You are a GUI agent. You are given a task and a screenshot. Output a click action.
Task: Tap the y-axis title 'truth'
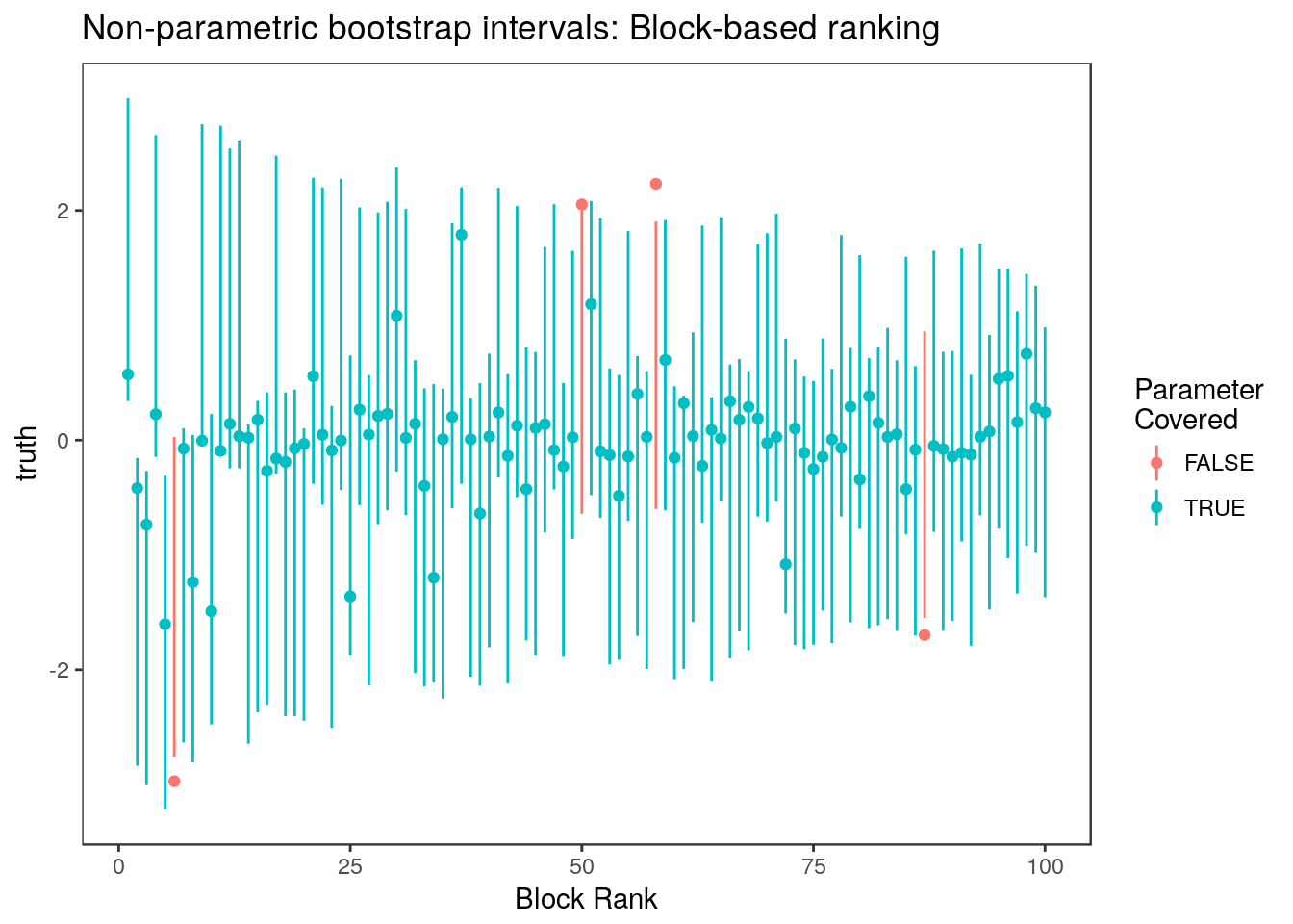click(x=28, y=453)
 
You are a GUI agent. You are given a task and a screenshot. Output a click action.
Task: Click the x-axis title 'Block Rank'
click(x=586, y=899)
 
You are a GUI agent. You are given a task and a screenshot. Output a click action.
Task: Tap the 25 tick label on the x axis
click(x=350, y=867)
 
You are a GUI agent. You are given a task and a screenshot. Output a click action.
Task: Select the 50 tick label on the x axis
click(x=582, y=867)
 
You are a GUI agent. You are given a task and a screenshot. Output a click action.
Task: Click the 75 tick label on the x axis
click(x=813, y=867)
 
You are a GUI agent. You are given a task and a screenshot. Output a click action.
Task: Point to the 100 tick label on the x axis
click(x=1045, y=867)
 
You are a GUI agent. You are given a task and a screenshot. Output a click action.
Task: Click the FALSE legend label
click(x=1219, y=464)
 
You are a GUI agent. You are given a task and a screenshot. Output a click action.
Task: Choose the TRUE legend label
click(x=1214, y=508)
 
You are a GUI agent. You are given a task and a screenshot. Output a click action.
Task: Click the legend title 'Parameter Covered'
click(x=1198, y=404)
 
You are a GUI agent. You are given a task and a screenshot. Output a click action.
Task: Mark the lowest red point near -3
click(x=174, y=781)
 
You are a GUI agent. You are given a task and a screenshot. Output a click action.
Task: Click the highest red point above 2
click(x=656, y=184)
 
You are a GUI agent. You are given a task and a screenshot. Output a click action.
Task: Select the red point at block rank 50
click(x=582, y=204)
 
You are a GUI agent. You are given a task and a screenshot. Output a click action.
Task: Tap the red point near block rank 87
click(x=925, y=634)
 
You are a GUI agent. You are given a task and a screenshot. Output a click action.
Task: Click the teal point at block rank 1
click(x=128, y=374)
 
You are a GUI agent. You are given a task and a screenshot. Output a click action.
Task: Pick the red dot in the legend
click(x=1156, y=463)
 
